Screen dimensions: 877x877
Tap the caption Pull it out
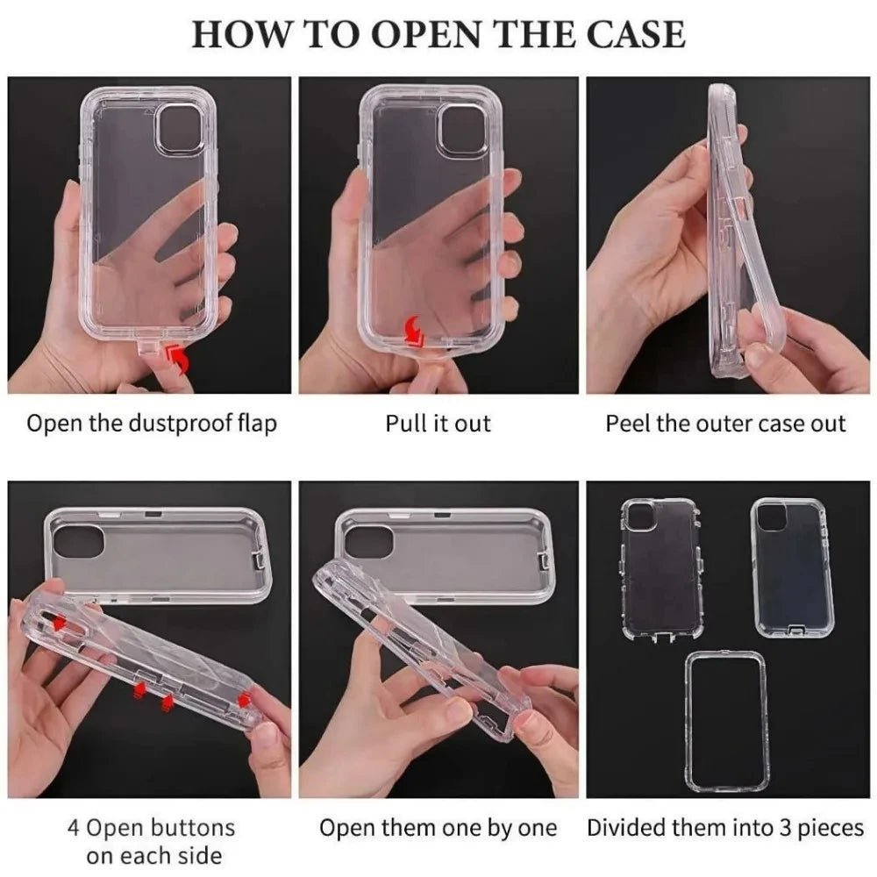tap(438, 424)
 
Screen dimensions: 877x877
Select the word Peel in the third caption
tap(628, 424)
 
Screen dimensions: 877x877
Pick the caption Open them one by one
tap(438, 828)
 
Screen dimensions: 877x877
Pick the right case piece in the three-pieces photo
tap(788, 568)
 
